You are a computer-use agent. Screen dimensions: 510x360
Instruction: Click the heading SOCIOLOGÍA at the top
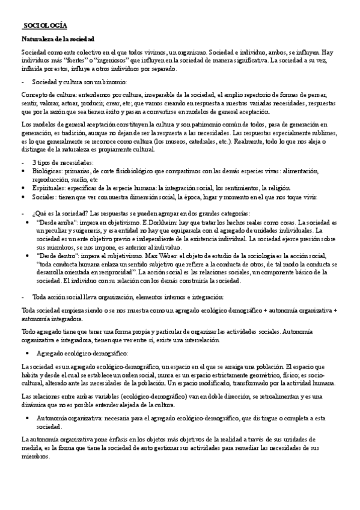(44, 25)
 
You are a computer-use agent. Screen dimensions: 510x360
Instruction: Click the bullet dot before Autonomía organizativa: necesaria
(28, 401)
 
